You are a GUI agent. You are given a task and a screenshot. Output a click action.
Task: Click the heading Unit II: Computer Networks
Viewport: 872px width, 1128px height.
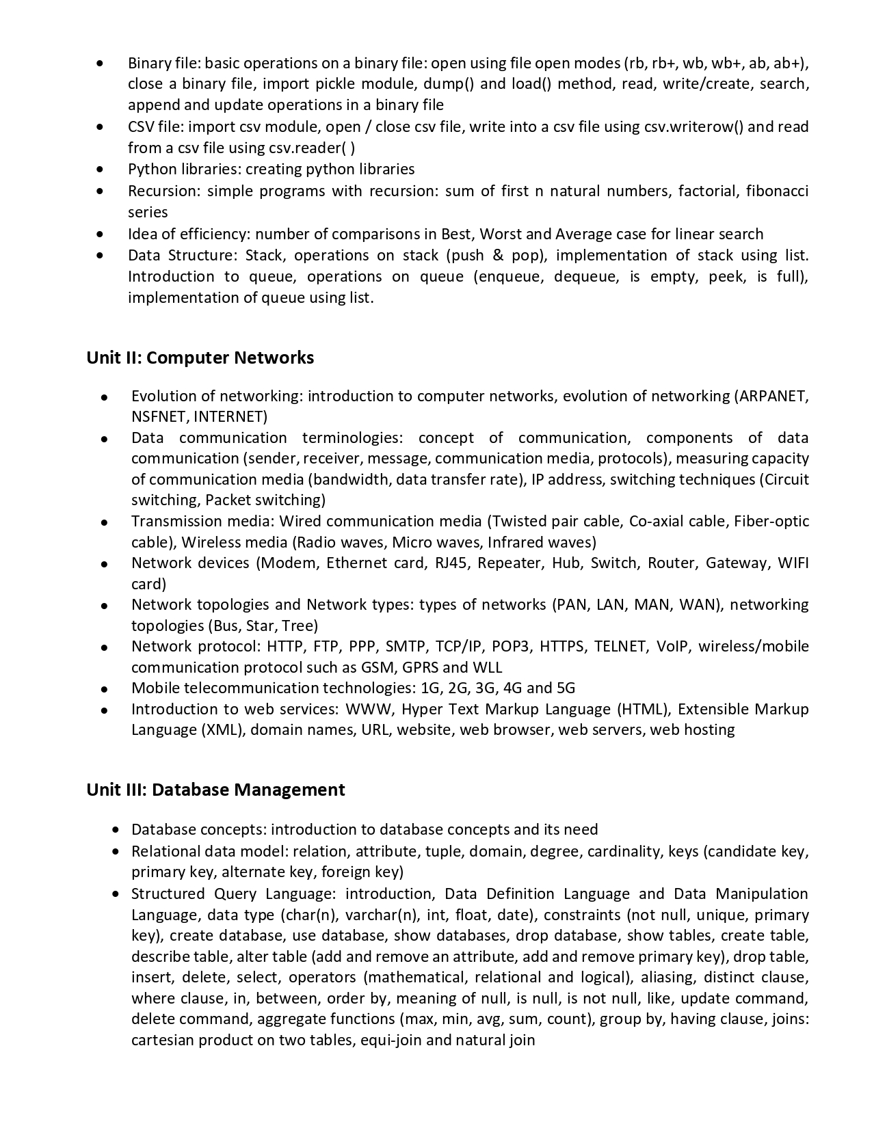coord(200,358)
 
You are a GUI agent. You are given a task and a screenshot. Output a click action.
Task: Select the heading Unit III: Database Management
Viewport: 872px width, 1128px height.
coord(215,790)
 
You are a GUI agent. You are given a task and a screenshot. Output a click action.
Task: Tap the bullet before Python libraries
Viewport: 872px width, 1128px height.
coord(101,169)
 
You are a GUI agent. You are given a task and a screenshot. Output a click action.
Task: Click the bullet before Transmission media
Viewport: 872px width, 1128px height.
coord(104,522)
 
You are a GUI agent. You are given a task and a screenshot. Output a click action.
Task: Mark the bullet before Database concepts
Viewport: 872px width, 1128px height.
coord(116,830)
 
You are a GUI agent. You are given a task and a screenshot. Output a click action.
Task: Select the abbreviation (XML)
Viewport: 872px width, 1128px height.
coord(222,729)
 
